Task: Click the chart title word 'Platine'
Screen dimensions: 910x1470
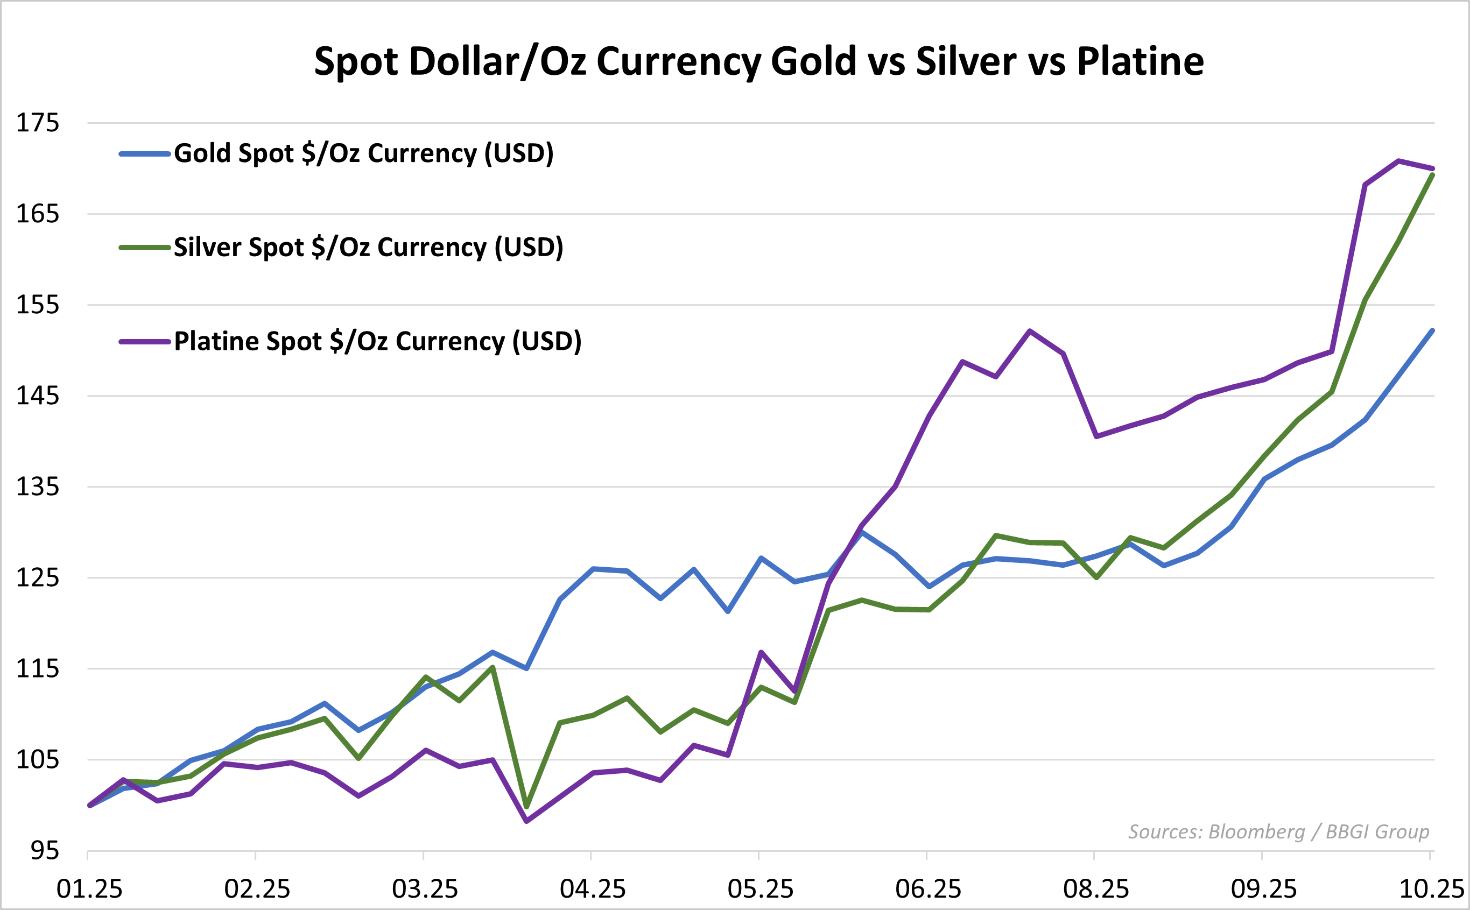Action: pyautogui.click(x=1140, y=61)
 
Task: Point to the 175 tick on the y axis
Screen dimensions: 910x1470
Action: pyautogui.click(x=37, y=123)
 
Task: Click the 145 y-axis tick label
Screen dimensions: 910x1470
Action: pyautogui.click(x=37, y=396)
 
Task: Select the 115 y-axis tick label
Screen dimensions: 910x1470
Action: pyautogui.click(x=37, y=669)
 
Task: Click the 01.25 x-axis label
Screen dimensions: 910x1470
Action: pyautogui.click(x=89, y=889)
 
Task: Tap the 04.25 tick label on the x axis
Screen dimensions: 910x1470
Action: pyautogui.click(x=592, y=889)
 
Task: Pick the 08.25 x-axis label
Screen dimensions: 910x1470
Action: pyautogui.click(x=1095, y=889)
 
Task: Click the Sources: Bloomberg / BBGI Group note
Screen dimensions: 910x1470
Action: pyautogui.click(x=1278, y=832)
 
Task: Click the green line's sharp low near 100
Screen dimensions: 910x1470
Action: pyautogui.click(x=527, y=807)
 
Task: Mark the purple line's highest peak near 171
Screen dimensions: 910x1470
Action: pyautogui.click(x=1398, y=161)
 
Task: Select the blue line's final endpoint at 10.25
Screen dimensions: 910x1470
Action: pyautogui.click(x=1433, y=330)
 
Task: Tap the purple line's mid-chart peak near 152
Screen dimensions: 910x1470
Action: pyautogui.click(x=1030, y=331)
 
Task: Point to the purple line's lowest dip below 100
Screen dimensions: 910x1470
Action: pyautogui.click(x=527, y=821)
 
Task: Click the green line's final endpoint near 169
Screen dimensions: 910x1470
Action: pyautogui.click(x=1433, y=175)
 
